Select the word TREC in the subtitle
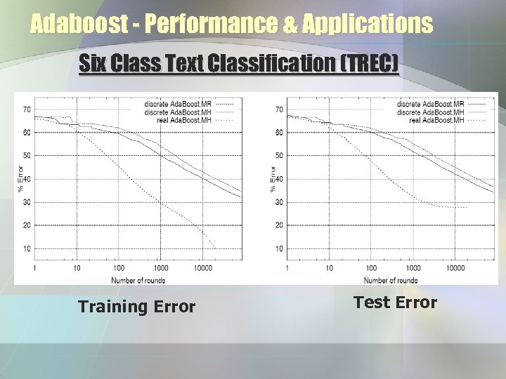[368, 64]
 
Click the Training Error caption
[136, 307]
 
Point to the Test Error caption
[395, 302]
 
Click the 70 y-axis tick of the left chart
[26, 109]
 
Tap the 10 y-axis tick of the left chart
[26, 248]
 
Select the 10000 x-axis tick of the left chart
[204, 268]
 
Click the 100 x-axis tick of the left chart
[118, 268]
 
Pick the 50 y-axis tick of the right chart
[279, 156]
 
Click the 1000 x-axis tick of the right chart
[413, 268]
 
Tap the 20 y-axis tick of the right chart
[279, 225]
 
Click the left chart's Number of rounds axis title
[138, 280]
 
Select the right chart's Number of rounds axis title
[391, 280]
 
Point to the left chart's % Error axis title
[20, 178]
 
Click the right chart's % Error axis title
[273, 178]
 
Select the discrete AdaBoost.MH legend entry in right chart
[430, 112]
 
